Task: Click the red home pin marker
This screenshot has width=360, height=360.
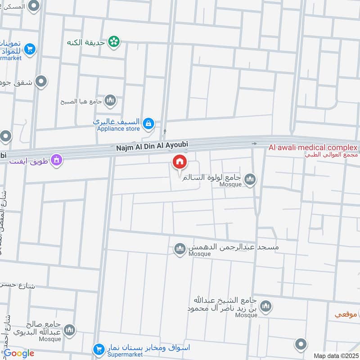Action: tap(179, 162)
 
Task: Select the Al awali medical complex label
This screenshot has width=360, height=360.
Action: tap(313, 148)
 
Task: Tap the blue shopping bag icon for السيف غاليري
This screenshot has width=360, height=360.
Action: tap(149, 123)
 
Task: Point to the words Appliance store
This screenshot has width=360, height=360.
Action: tap(118, 129)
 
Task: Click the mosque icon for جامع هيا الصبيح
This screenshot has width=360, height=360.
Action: tap(110, 101)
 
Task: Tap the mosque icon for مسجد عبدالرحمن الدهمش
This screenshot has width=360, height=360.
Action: tap(180, 249)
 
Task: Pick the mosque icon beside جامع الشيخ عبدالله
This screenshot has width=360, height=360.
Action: tap(266, 306)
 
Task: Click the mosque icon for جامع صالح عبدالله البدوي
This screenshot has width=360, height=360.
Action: tap(69, 331)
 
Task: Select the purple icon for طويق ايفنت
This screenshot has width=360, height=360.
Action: tap(56, 159)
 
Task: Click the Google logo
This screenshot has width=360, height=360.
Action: tap(18, 353)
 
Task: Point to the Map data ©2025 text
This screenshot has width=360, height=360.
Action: tap(335, 356)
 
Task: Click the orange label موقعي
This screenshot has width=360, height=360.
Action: tap(346, 315)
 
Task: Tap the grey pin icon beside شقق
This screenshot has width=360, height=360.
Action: tap(41, 82)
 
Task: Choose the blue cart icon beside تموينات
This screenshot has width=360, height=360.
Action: tap(30, 49)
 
